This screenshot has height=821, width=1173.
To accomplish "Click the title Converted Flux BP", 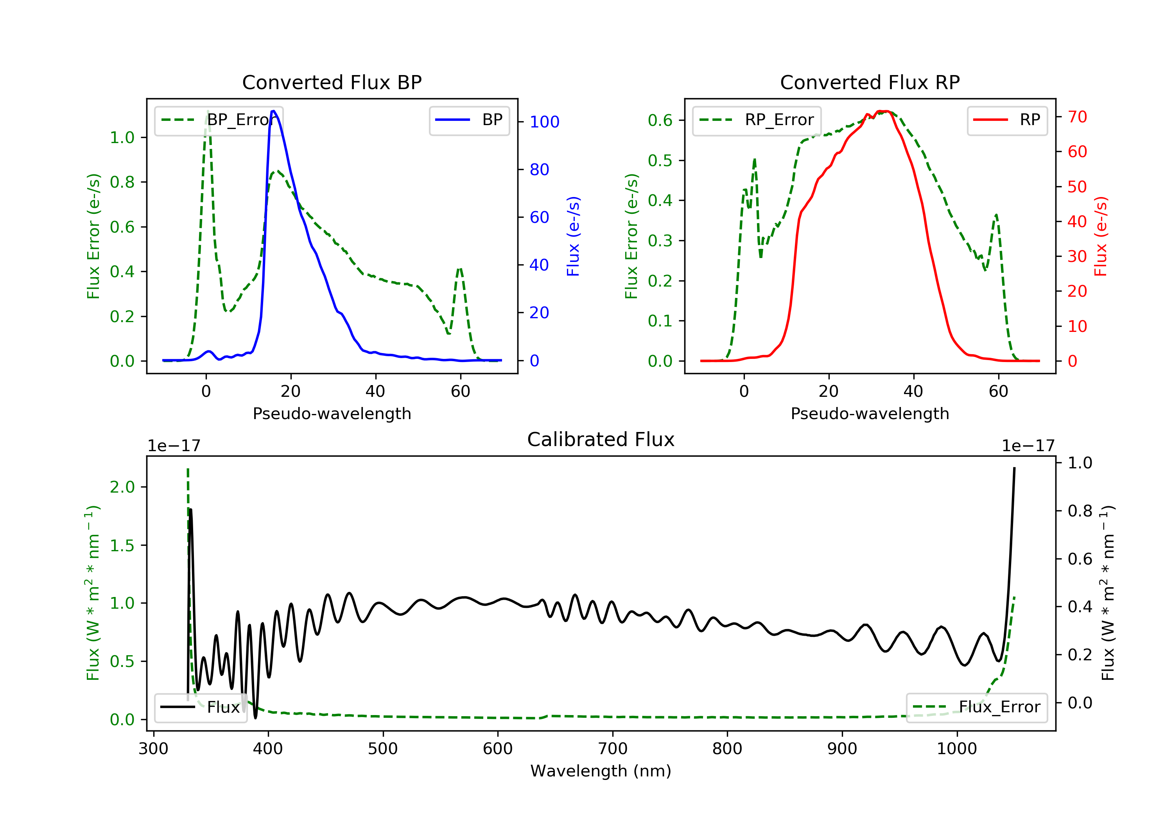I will tap(332, 82).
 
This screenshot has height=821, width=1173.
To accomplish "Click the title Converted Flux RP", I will tap(870, 82).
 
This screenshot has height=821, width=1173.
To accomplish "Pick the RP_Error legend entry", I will tap(757, 120).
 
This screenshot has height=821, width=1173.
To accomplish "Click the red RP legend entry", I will tap(1007, 120).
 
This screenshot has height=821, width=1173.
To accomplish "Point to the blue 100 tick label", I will tap(544, 122).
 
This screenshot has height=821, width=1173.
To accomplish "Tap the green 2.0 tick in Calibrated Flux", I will tap(122, 487).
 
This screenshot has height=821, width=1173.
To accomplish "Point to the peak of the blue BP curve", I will tap(274, 111).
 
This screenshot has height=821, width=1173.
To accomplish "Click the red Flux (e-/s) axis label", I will tap(1100, 236).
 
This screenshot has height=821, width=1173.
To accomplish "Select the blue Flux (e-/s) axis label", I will tap(573, 236).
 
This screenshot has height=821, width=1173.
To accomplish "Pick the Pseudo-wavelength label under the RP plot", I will tap(870, 413).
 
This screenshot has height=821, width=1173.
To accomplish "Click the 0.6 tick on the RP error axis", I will tap(660, 120).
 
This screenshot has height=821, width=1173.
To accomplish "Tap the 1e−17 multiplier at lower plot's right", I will tap(1028, 446).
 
